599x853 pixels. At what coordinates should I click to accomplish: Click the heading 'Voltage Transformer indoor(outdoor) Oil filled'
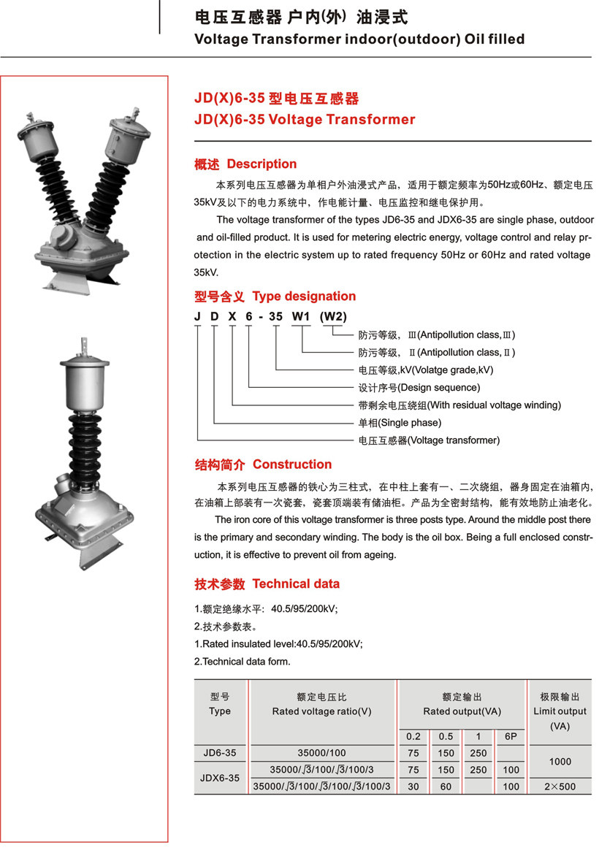359,39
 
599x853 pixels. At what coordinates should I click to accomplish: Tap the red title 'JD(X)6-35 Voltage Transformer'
304,120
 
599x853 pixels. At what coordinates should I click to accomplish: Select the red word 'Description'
262,164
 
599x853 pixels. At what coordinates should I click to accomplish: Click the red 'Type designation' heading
304,296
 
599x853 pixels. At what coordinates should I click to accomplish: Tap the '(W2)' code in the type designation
333,316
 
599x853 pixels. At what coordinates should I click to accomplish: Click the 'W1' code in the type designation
302,316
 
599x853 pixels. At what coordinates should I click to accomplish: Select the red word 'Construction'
291,464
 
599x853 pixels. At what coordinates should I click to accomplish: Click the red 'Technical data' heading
296,584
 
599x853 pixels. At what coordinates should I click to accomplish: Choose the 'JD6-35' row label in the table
219,752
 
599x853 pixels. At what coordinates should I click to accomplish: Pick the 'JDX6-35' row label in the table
219,778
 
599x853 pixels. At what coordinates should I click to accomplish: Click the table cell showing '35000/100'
321,752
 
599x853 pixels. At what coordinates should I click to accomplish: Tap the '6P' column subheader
511,737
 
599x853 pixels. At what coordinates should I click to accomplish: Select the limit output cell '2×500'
560,787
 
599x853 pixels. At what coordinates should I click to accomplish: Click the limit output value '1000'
560,761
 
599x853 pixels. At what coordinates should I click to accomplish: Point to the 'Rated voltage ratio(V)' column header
321,711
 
